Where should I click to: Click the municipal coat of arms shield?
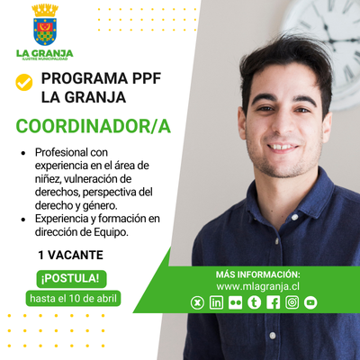(x=45, y=31)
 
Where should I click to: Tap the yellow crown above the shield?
(x=45, y=11)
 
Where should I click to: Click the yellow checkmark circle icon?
(x=24, y=82)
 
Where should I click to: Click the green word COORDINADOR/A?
(x=94, y=126)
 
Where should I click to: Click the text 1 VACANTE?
(x=70, y=256)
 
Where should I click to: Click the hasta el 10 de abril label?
(x=73, y=299)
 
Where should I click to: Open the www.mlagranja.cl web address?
(x=257, y=286)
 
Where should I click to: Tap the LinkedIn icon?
(x=216, y=302)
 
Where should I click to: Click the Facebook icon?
(x=273, y=302)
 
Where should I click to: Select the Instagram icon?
(x=292, y=302)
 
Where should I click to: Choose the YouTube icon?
(x=310, y=302)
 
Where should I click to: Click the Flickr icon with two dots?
(x=235, y=302)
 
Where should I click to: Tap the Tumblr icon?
(x=254, y=302)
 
